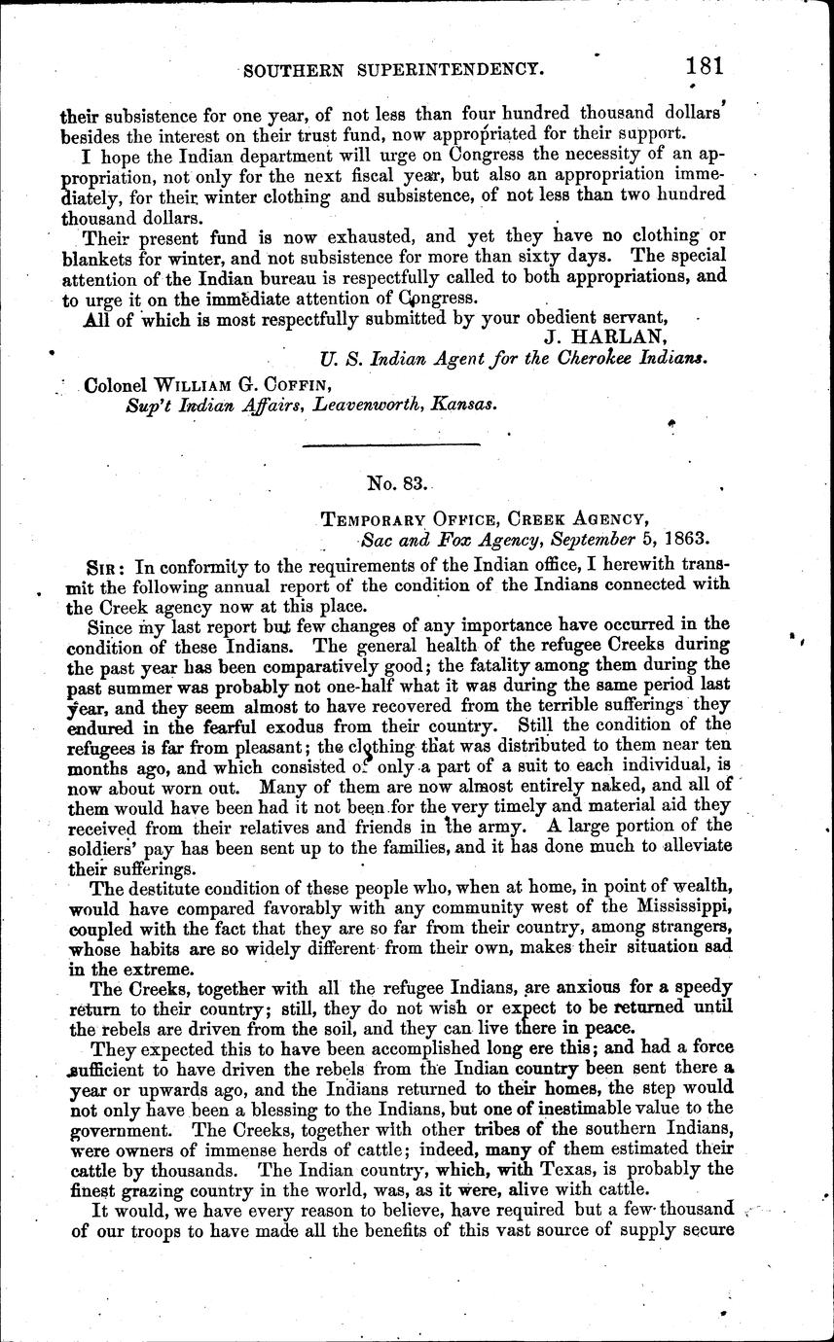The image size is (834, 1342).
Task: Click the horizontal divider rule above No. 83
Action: (x=392, y=444)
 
